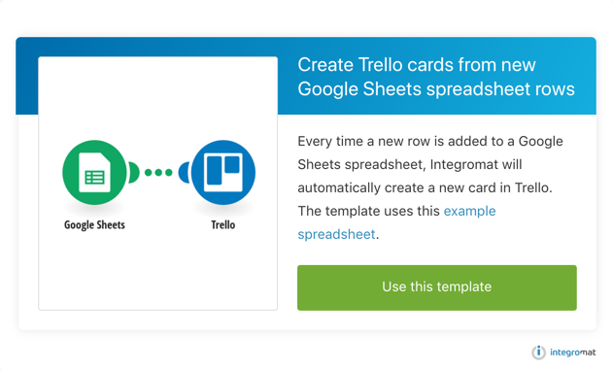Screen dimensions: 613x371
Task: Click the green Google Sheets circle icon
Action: [x=94, y=173]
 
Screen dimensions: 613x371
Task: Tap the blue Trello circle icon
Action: [x=223, y=173]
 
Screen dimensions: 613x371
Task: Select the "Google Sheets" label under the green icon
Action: [x=94, y=224]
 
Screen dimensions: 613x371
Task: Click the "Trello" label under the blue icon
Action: [x=223, y=224]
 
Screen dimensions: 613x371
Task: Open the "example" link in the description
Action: [x=469, y=211]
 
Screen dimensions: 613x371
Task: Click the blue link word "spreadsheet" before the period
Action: [x=336, y=234]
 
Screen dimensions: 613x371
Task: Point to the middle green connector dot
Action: [x=158, y=173]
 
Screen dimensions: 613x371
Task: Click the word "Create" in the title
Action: [x=325, y=64]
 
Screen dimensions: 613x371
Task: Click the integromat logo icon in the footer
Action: [x=538, y=353]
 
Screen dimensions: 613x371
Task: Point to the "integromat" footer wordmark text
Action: [x=573, y=353]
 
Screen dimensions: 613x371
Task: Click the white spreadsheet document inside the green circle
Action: [x=94, y=173]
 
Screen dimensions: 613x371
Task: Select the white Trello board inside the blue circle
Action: [x=223, y=173]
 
